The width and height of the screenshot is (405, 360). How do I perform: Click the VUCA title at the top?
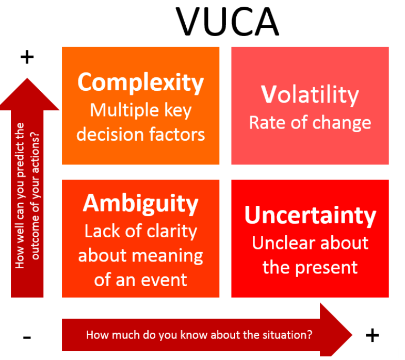[x=228, y=22]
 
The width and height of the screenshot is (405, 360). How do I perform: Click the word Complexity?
[x=140, y=82]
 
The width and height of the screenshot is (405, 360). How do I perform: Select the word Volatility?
[x=310, y=94]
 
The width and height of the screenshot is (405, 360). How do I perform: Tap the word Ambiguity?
[x=140, y=203]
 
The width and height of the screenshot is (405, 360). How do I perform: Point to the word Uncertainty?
[x=310, y=215]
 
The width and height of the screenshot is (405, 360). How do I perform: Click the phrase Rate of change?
[x=310, y=122]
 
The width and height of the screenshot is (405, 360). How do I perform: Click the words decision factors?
[x=140, y=134]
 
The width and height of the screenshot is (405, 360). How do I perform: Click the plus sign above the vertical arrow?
[x=26, y=57]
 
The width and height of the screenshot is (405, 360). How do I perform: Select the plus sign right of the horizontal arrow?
[x=372, y=335]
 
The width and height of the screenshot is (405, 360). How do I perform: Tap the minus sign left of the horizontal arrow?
[x=27, y=338]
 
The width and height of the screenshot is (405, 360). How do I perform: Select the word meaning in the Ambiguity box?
[x=169, y=255]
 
